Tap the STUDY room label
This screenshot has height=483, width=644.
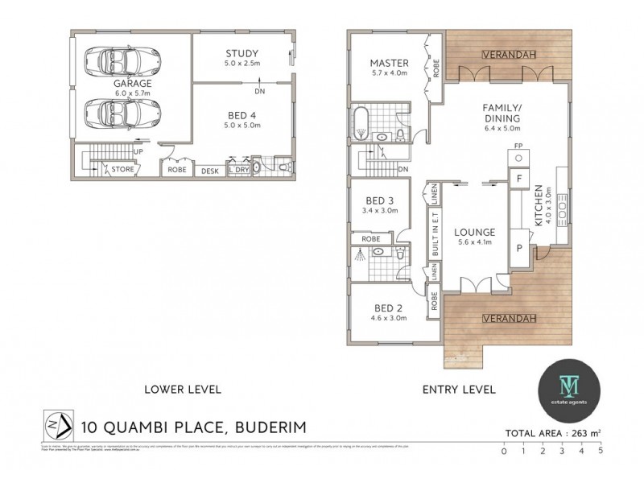242,55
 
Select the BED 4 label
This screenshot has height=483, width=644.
242,115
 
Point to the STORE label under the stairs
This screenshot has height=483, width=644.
122,169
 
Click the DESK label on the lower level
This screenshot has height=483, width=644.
210,171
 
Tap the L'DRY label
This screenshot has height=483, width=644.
237,170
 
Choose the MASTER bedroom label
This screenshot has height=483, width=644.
389,64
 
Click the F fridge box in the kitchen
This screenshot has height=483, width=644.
519,178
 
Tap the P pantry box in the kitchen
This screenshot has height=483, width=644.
519,248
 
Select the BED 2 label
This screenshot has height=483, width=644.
388,308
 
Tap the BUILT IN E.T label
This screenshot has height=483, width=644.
436,233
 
